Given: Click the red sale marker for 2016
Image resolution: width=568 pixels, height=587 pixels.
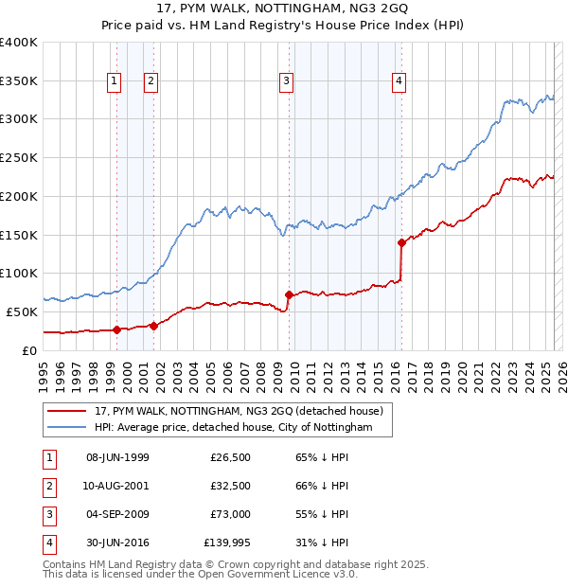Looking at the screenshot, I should pos(401,242).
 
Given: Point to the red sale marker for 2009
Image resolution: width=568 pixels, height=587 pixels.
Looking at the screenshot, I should pos(288,294).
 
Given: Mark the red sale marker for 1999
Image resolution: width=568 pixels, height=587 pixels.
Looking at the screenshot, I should pos(116,329).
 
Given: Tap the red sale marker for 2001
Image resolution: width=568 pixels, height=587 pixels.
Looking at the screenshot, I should pos(152,326).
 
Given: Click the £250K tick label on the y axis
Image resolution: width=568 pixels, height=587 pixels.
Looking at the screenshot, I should pos(19,157).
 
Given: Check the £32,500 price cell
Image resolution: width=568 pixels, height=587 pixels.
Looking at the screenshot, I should pos(230,486).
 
